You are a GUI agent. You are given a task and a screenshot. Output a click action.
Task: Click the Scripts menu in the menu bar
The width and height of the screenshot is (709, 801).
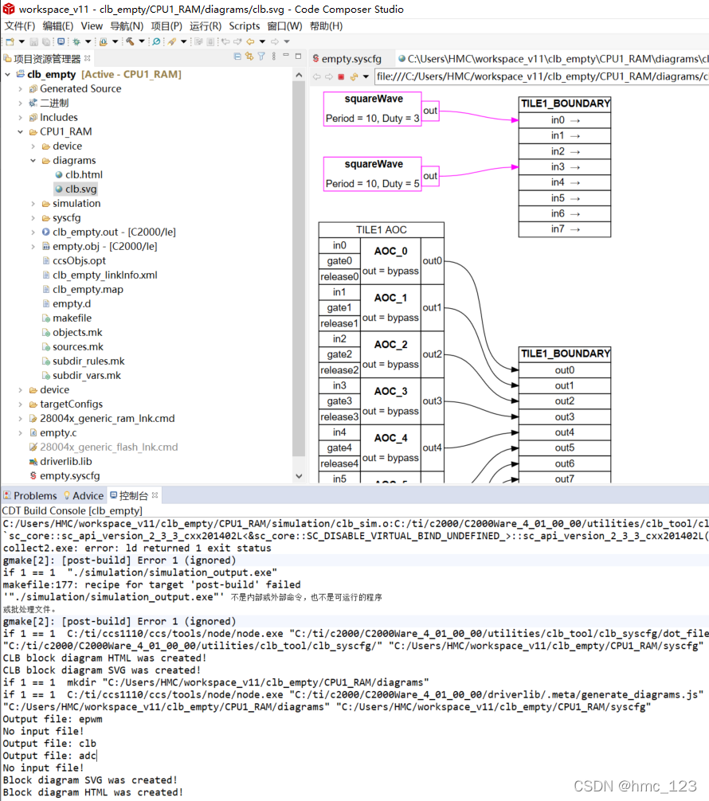[x=245, y=25]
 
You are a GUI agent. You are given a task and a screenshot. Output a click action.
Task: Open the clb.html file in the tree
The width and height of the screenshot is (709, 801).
[x=84, y=174]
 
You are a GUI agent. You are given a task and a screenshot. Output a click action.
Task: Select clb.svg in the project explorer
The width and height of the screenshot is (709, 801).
[x=80, y=189]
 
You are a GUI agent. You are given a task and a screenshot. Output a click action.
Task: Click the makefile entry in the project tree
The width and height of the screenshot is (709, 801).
[x=72, y=318]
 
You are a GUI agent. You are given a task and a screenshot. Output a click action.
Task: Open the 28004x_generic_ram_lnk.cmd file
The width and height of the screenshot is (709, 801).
[x=107, y=418]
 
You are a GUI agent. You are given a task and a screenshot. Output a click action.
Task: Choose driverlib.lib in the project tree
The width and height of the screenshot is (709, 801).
[x=65, y=461]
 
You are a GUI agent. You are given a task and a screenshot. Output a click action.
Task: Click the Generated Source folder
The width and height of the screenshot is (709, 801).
[x=80, y=88]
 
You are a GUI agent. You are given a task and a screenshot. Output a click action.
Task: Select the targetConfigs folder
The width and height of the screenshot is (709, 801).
[x=71, y=404]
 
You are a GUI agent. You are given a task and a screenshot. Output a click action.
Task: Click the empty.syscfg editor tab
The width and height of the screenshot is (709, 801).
[x=351, y=59]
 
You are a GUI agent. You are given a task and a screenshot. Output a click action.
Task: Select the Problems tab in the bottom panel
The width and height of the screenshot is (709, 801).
[x=35, y=495]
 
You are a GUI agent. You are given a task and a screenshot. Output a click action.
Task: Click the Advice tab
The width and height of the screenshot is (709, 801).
[x=88, y=495]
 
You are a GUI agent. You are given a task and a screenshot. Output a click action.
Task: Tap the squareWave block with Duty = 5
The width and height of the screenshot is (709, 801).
[x=373, y=174]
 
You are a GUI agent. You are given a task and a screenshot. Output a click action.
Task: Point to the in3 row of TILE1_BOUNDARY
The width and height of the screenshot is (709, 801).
[x=565, y=167]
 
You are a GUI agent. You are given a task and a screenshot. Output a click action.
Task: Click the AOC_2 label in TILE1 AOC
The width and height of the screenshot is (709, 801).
[x=390, y=345]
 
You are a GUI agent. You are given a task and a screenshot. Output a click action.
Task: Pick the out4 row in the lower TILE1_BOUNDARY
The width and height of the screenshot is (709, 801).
[x=565, y=432]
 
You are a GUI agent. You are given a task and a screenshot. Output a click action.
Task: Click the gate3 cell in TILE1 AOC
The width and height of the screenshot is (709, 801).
[x=339, y=401]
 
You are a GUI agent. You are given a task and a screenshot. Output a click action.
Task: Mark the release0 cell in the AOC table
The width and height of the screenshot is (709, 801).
[x=339, y=276]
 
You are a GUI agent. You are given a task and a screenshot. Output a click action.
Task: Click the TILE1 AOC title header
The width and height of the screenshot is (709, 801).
[x=381, y=229]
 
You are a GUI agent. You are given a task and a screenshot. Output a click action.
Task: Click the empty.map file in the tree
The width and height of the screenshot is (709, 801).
[x=88, y=289]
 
